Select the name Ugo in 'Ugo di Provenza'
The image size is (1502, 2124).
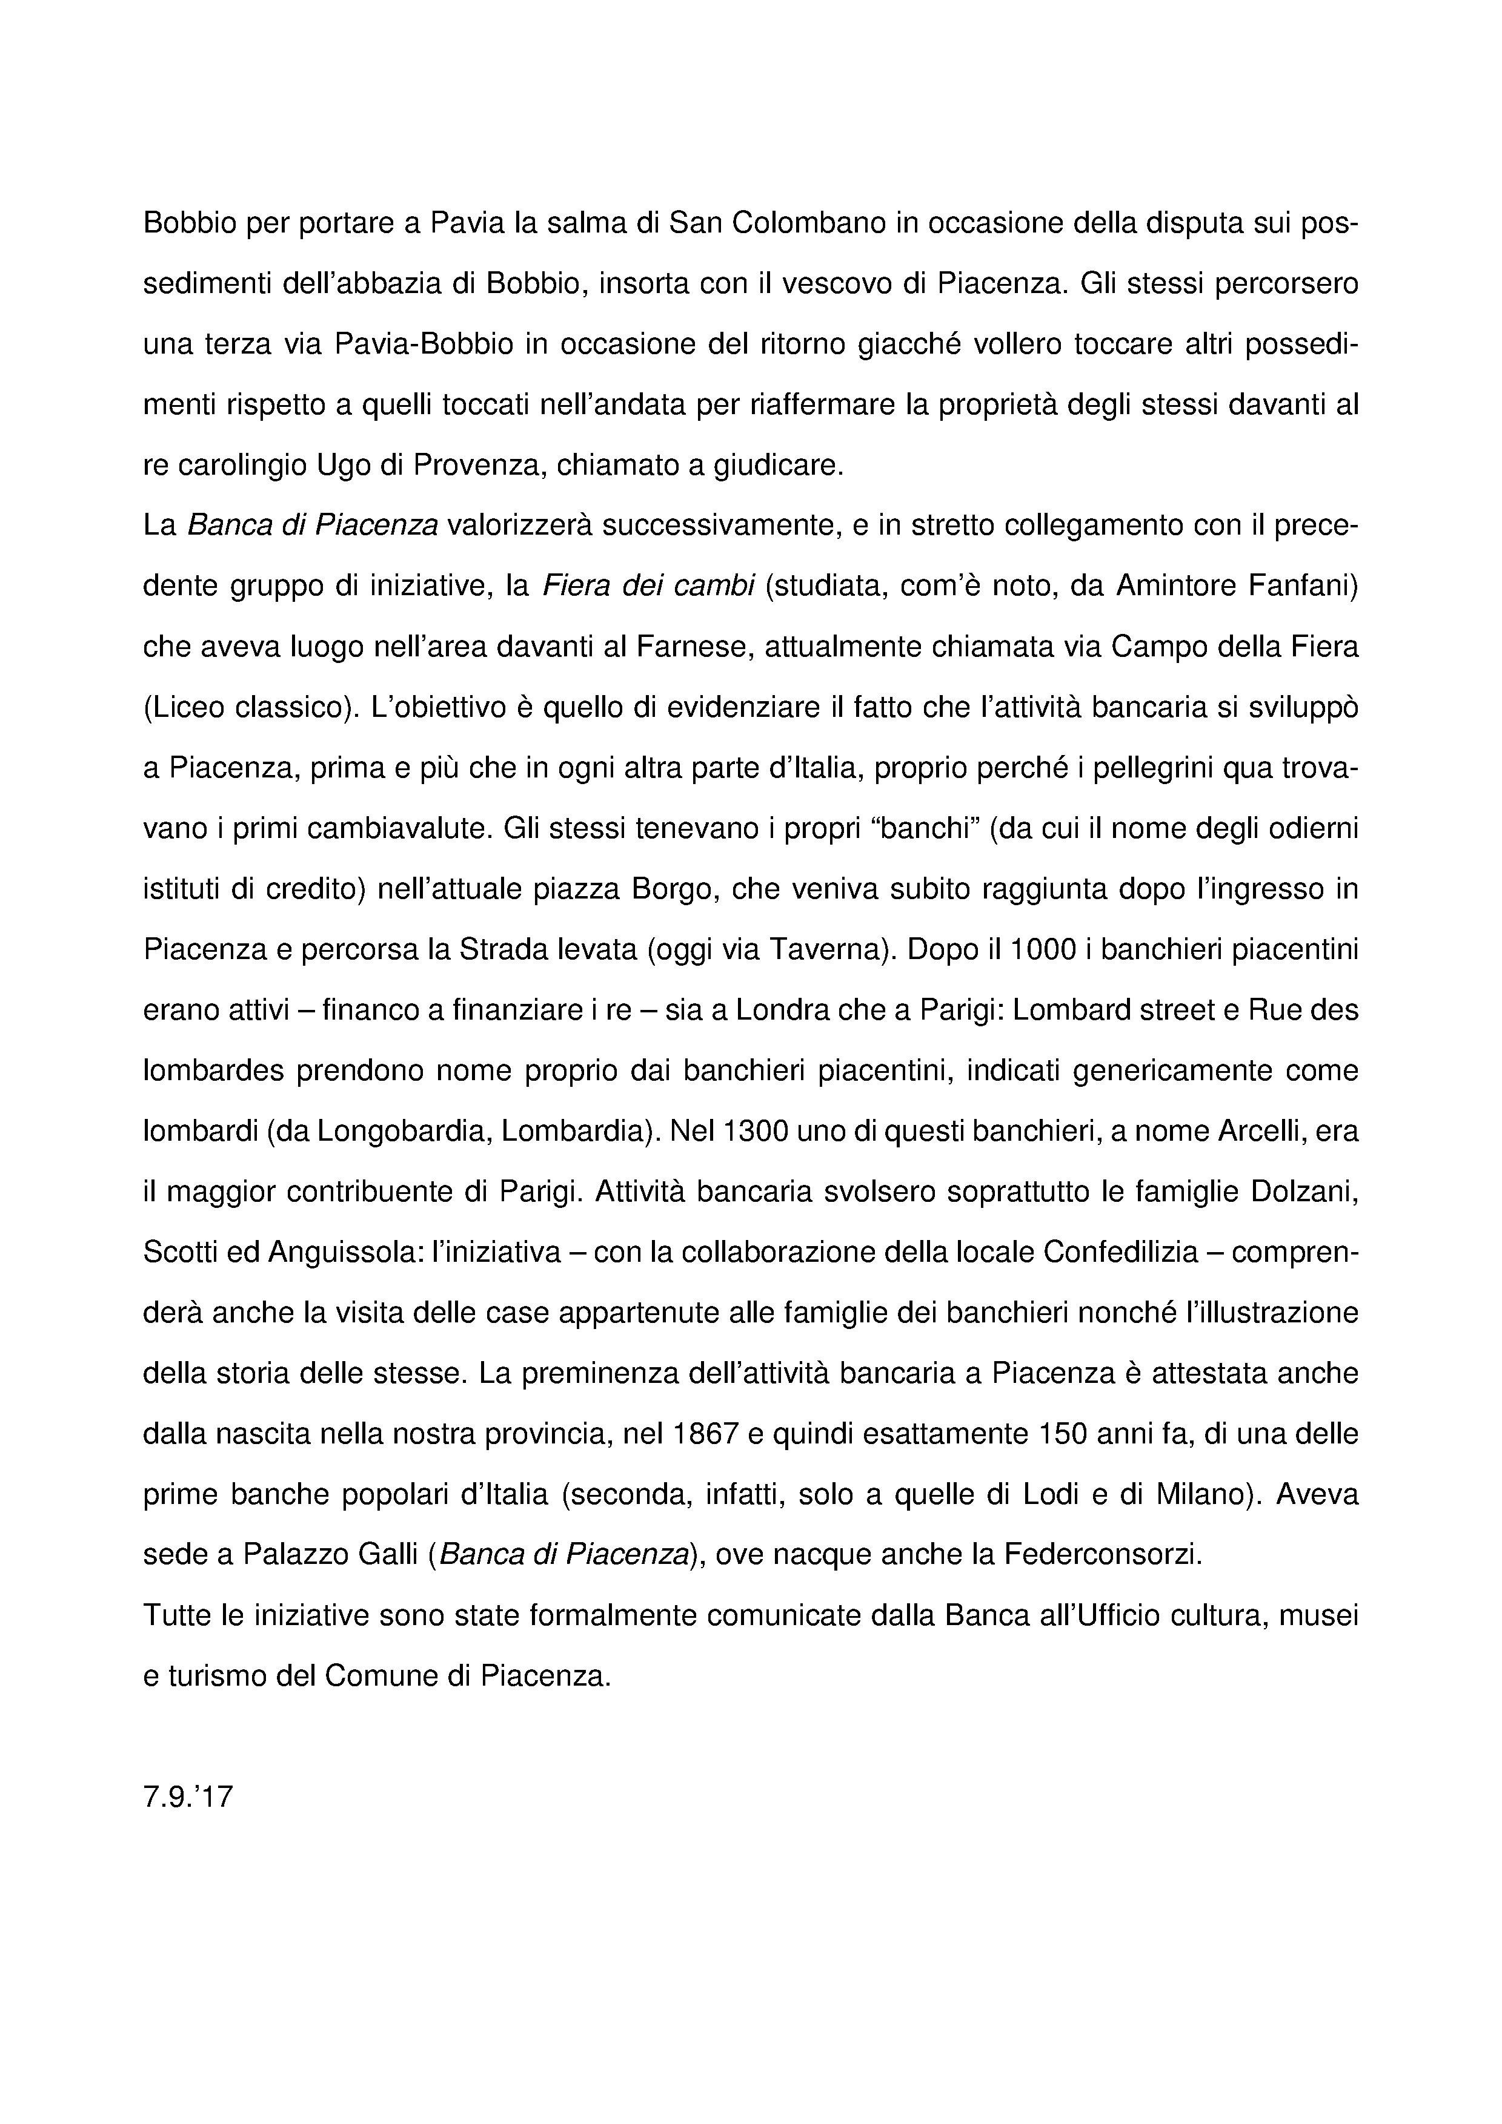344,464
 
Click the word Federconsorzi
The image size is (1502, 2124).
1098,1554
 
